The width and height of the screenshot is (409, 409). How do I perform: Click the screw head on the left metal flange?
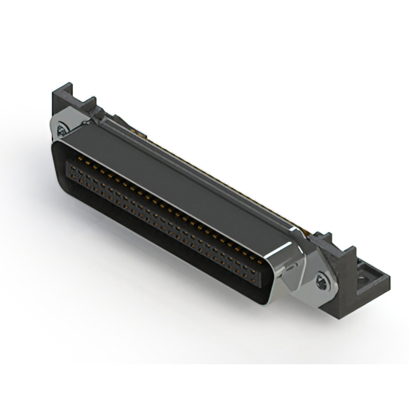pyautogui.click(x=62, y=130)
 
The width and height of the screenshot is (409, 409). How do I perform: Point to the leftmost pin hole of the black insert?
pyautogui.click(x=71, y=168)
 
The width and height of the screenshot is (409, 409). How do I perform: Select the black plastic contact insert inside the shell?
pyautogui.click(x=160, y=224)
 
